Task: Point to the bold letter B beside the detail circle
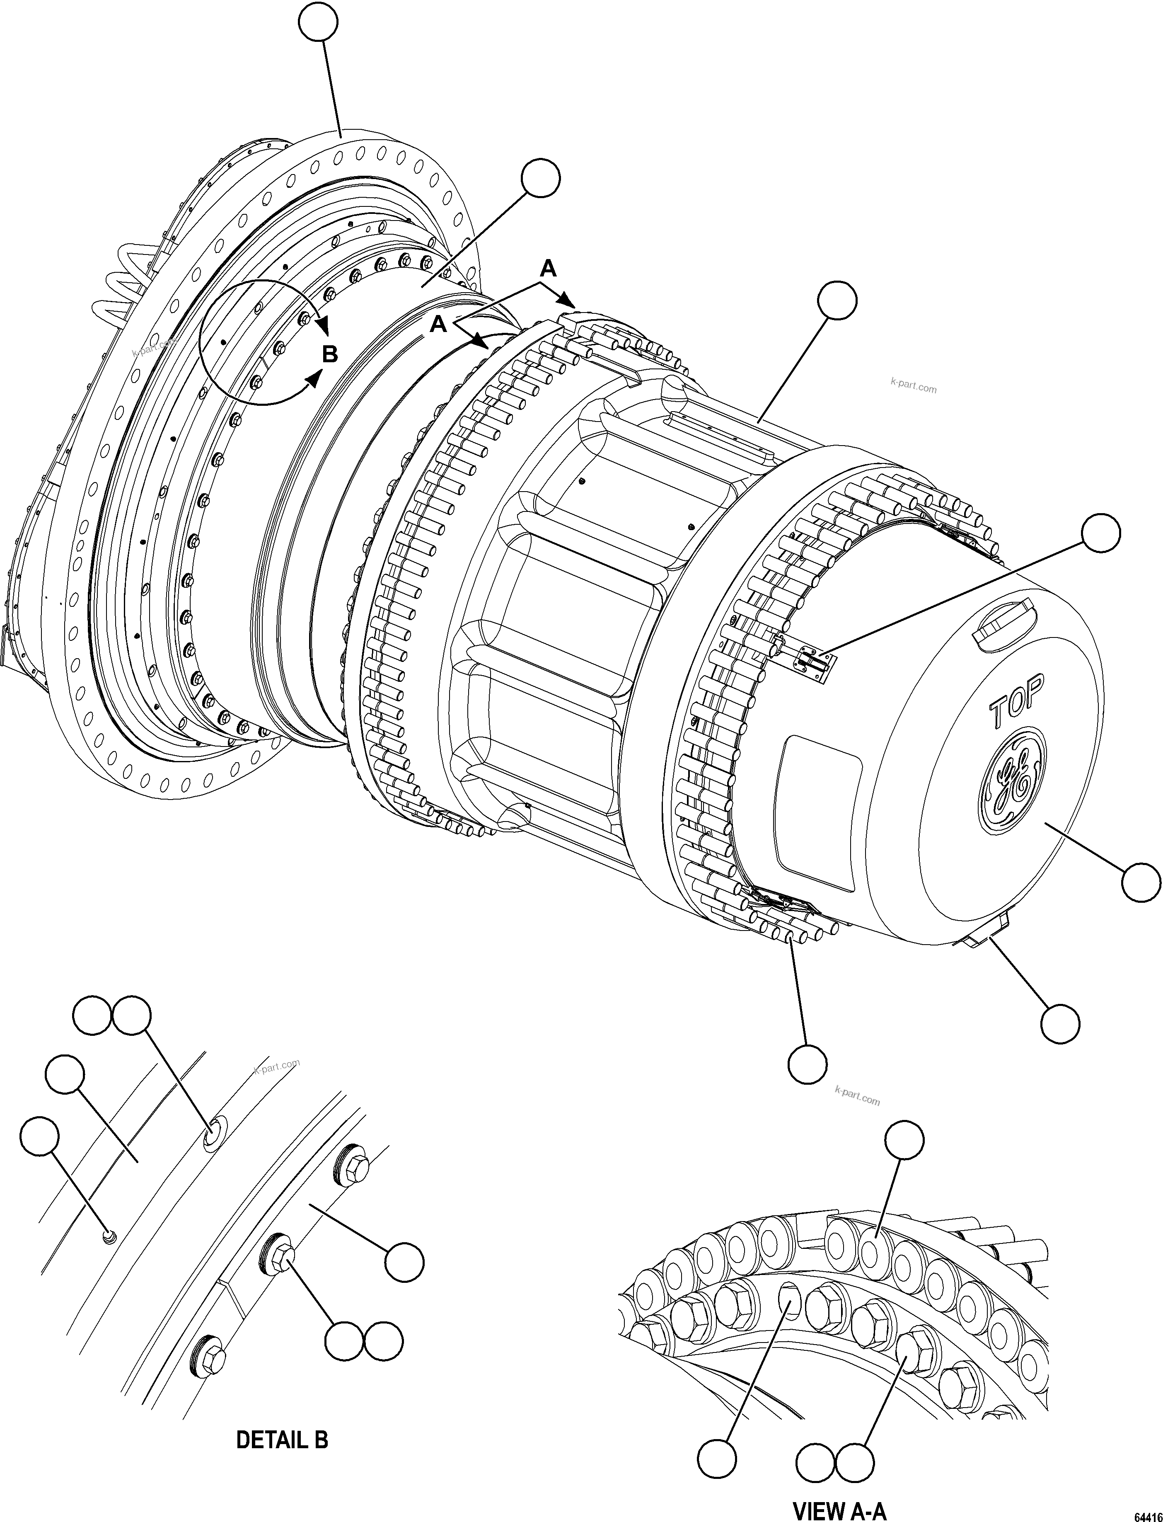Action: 330,354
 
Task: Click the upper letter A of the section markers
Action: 548,269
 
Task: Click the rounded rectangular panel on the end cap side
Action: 820,812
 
